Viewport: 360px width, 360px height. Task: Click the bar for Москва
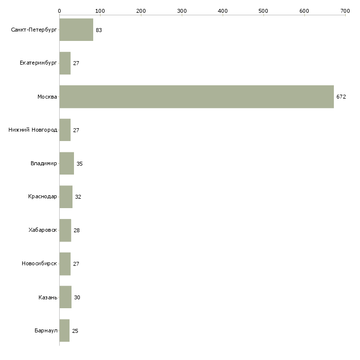[196, 97]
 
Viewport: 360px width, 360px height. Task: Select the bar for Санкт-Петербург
[76, 30]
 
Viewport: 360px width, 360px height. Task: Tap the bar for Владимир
[67, 163]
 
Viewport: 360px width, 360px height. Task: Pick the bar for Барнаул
[64, 330]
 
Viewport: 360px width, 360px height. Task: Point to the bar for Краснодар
[66, 197]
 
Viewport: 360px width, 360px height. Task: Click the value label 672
[341, 97]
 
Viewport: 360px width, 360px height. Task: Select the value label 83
[99, 30]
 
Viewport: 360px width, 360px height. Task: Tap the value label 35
[79, 163]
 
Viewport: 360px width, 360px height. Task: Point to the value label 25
[75, 330]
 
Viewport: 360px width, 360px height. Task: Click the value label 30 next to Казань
[77, 297]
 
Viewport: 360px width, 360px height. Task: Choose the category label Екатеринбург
[38, 63]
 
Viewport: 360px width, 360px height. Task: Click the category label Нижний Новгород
[33, 130]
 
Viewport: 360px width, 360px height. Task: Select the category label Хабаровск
[43, 230]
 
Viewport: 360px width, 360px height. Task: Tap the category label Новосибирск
[39, 264]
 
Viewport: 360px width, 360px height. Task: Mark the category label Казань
[47, 297]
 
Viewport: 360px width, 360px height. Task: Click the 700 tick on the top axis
[345, 10]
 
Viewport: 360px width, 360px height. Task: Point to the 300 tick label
[181, 10]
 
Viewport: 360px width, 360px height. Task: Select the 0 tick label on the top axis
[59, 10]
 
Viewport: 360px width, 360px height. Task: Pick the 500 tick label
[263, 10]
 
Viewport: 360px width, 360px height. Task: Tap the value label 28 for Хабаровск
[76, 230]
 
